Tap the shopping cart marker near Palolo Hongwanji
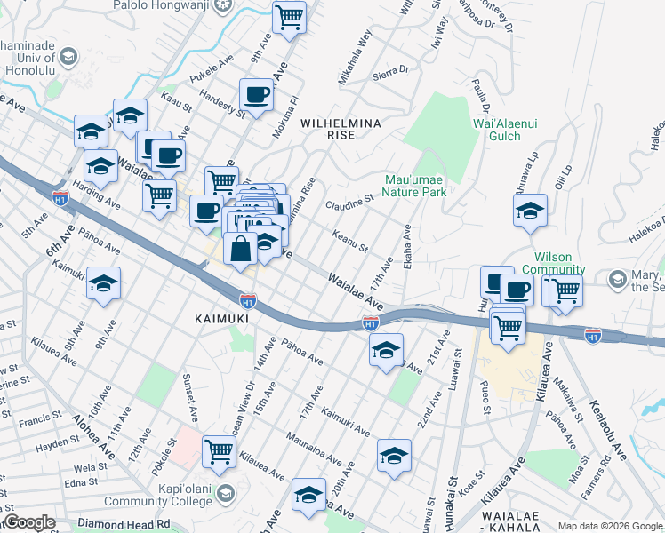click(289, 16)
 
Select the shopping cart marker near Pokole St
click(219, 450)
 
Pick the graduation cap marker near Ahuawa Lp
click(530, 211)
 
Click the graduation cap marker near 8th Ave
click(103, 282)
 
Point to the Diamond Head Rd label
click(126, 524)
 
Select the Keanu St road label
click(349, 240)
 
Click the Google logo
click(29, 522)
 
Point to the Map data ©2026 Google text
click(609, 526)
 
